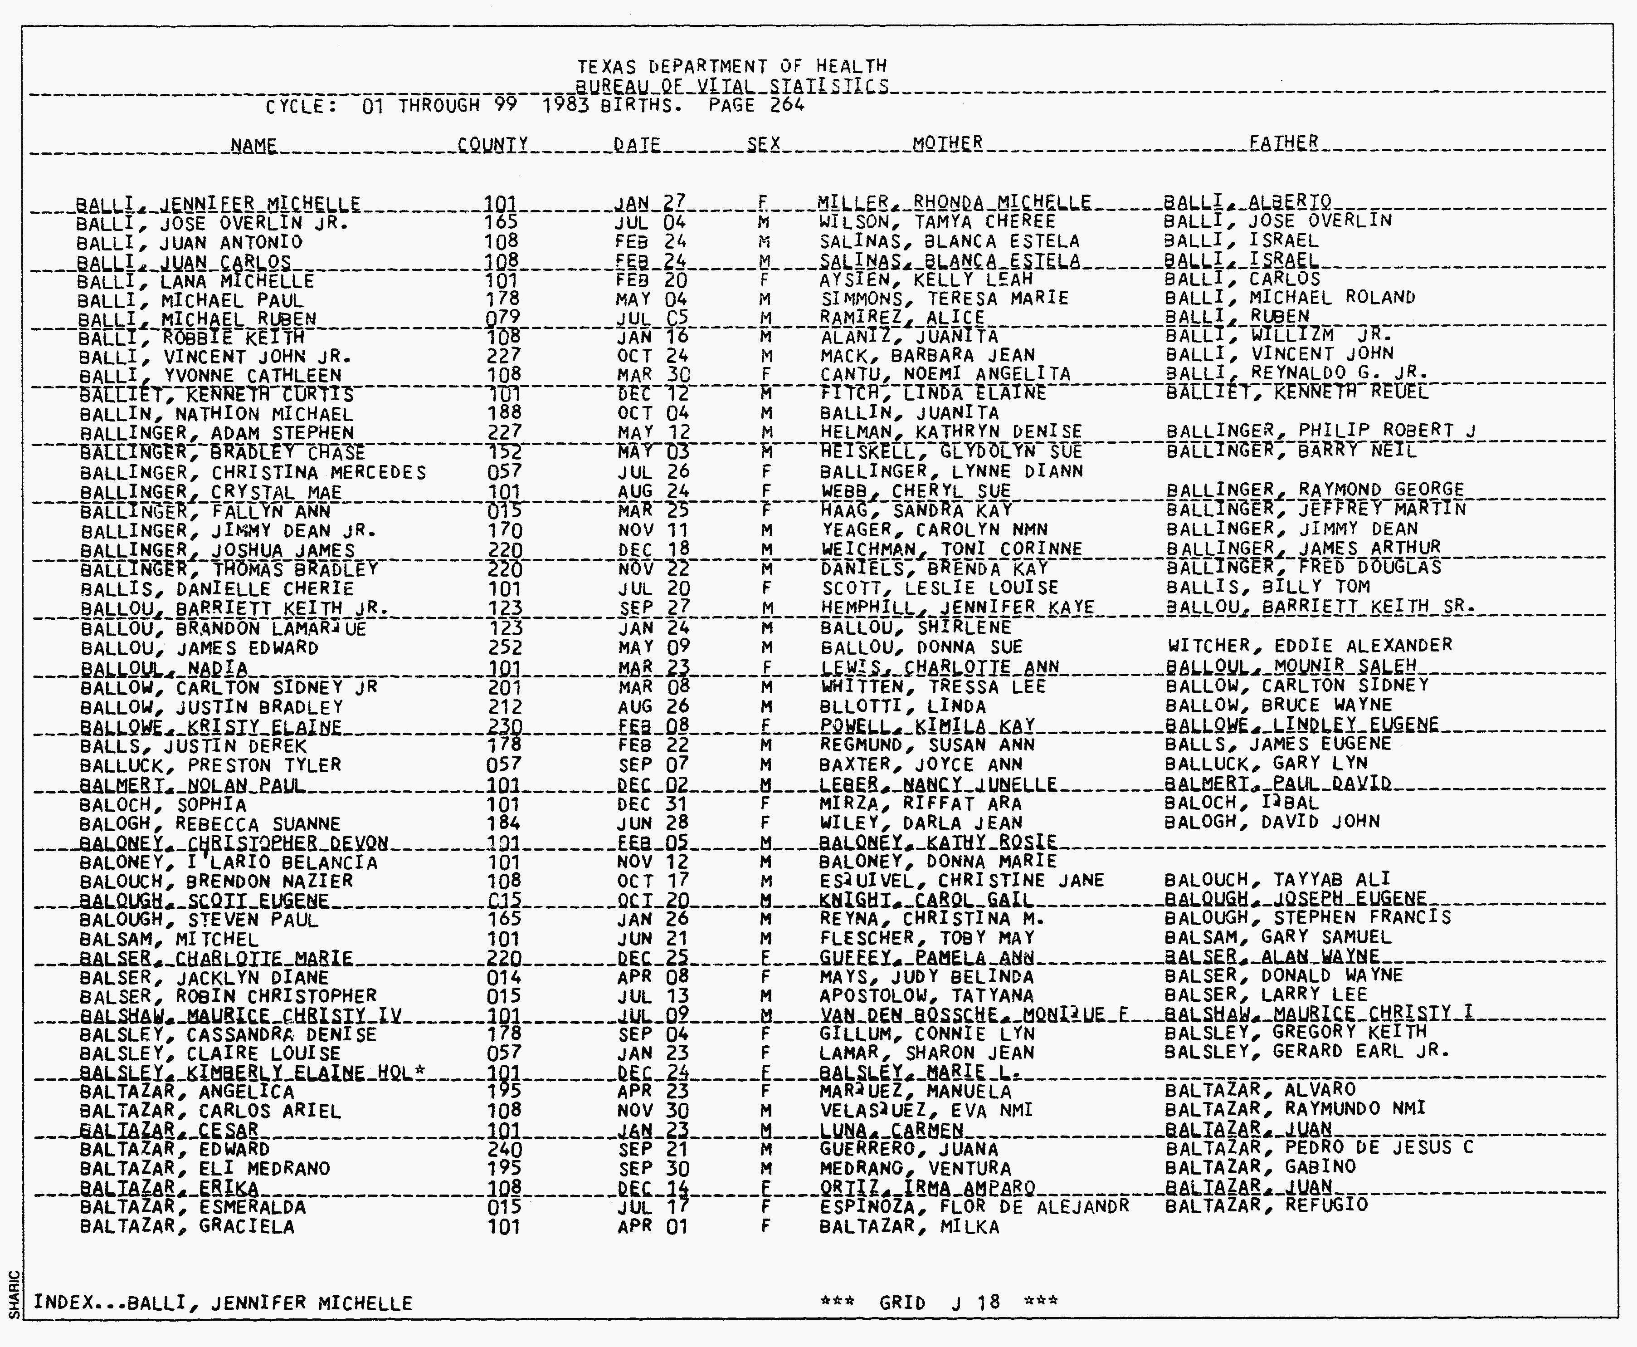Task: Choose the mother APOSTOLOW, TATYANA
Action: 927,995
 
